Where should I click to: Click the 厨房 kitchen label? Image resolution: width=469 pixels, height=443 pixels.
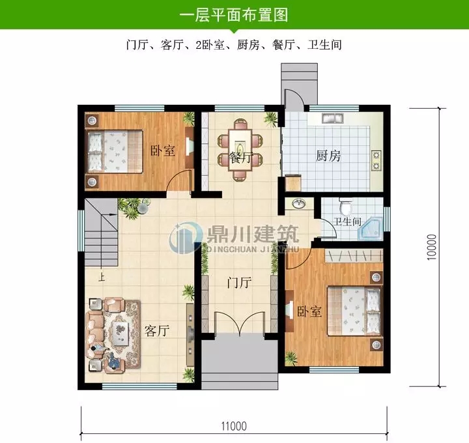[x=328, y=156]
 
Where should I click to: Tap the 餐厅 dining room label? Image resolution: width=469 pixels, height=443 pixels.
[x=241, y=158]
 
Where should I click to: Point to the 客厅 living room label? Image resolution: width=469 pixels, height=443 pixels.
[x=156, y=330]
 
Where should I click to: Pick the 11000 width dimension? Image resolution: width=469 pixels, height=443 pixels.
[x=234, y=427]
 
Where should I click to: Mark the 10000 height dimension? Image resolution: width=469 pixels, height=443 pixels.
[x=431, y=248]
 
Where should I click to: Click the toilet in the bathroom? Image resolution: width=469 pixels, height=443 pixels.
[x=347, y=207]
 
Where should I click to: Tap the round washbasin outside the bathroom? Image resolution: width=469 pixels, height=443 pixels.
[x=299, y=204]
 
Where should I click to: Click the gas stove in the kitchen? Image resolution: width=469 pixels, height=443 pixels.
[x=377, y=160]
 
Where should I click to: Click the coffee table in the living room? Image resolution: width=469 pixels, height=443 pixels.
[x=122, y=333]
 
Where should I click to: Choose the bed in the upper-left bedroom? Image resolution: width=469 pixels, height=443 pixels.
[x=114, y=150]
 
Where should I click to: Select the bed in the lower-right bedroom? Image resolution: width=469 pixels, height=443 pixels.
[x=355, y=311]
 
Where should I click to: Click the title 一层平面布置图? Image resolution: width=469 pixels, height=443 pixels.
[x=234, y=14]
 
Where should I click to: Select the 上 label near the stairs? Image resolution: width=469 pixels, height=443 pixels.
[x=101, y=277]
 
